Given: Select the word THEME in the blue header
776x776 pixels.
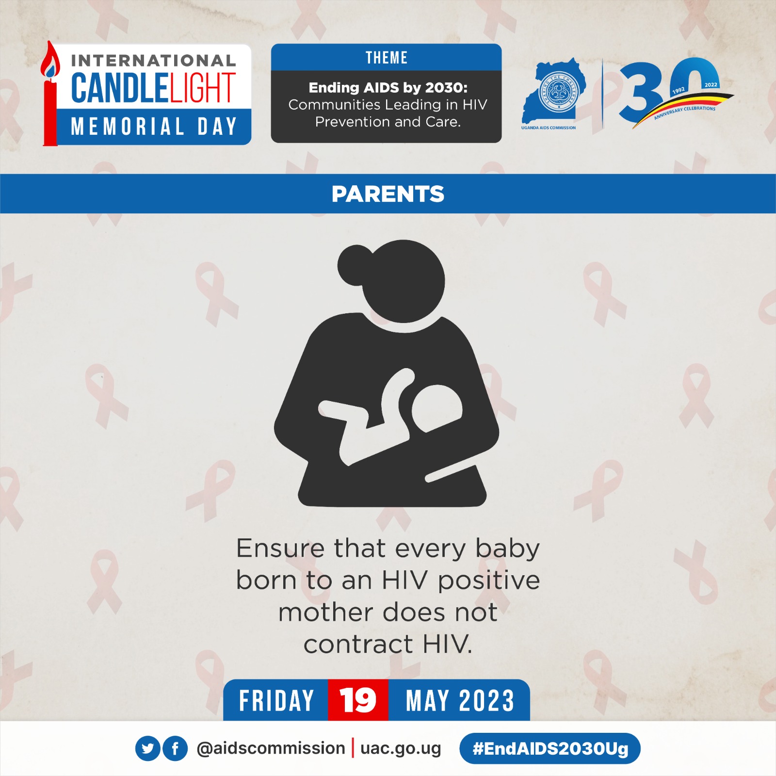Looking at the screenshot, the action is (387, 58).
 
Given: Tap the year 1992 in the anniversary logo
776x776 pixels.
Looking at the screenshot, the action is (679, 90).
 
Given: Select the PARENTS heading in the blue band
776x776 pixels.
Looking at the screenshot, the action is (388, 194).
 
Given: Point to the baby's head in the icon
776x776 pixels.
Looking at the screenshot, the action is (437, 408).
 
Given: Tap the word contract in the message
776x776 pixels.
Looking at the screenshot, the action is (358, 645).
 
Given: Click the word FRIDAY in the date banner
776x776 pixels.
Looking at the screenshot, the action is (276, 701).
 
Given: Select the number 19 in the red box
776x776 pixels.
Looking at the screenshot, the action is (358, 700).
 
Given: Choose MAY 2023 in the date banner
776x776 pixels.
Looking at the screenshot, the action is (460, 701).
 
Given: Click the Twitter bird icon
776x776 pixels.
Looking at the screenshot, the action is (148, 748).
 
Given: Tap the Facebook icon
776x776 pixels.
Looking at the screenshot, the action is (175, 748).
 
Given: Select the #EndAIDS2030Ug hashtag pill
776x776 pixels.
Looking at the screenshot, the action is (550, 748).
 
